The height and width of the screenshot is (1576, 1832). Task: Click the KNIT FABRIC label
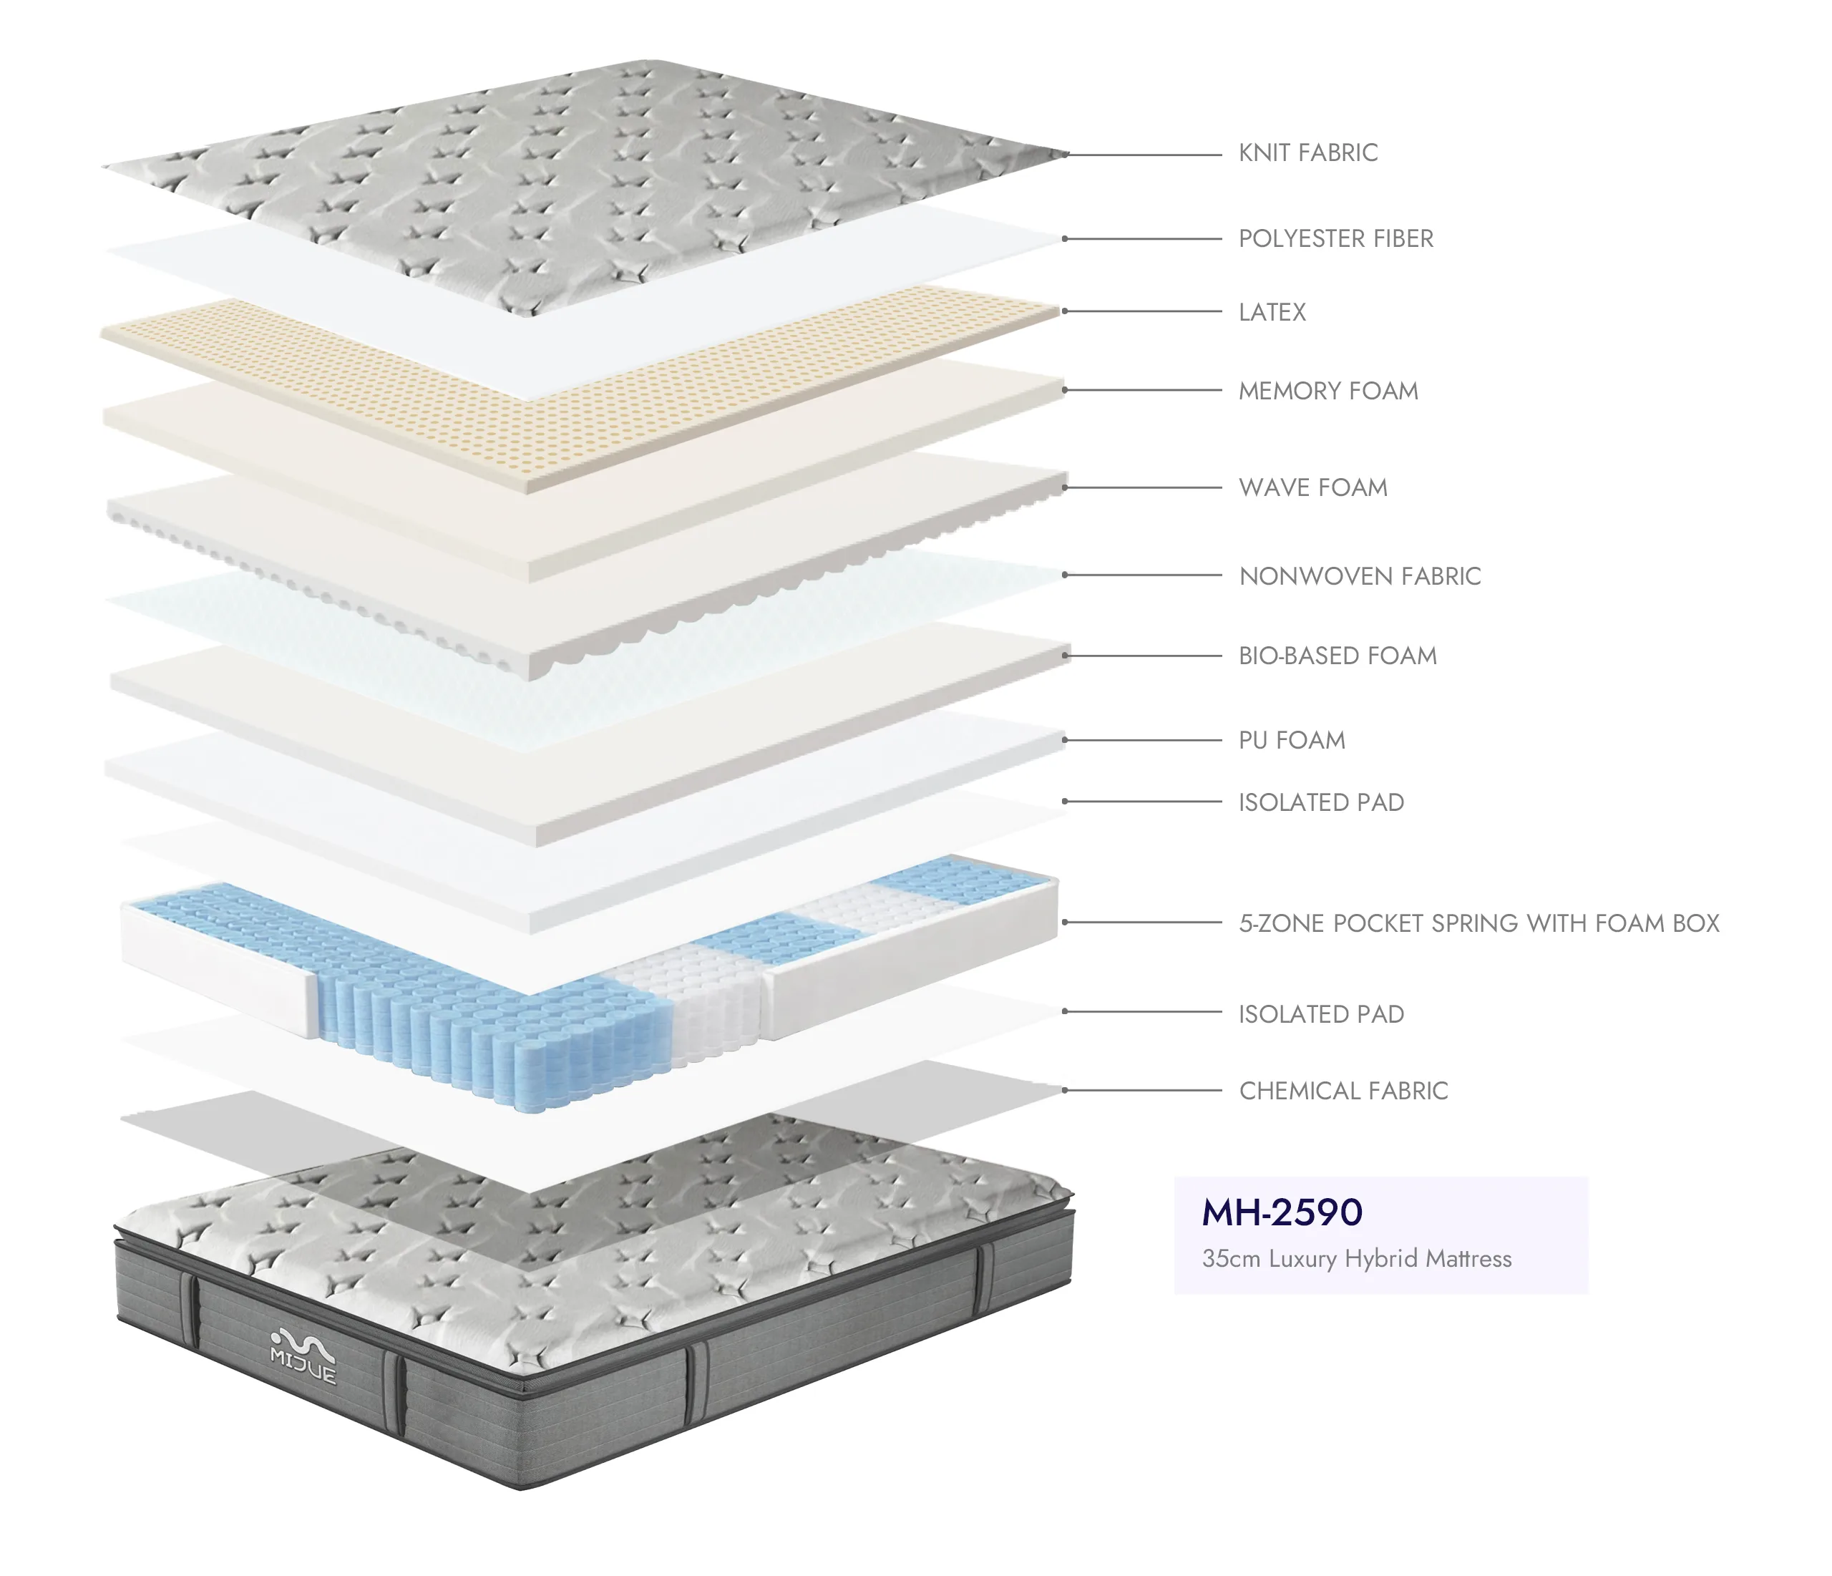1307,153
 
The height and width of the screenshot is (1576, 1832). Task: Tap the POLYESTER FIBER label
1335,239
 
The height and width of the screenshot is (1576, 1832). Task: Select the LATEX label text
1272,312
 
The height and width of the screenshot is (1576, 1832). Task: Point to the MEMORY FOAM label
1328,391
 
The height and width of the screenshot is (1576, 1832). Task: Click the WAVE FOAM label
1313,487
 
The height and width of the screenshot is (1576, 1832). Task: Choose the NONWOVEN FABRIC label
1360,577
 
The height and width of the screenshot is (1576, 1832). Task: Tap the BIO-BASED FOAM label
1337,656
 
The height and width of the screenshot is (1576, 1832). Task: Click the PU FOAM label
1292,740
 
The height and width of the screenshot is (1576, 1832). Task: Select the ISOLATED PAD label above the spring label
1321,803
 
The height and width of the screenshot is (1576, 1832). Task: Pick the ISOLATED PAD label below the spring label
1321,1014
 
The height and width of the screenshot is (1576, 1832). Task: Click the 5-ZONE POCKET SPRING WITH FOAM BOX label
1478,923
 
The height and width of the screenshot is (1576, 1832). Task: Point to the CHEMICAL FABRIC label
1343,1091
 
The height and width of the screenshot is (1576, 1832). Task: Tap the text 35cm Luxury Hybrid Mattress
1356,1258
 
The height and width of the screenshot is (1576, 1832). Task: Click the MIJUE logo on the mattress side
303,1356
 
